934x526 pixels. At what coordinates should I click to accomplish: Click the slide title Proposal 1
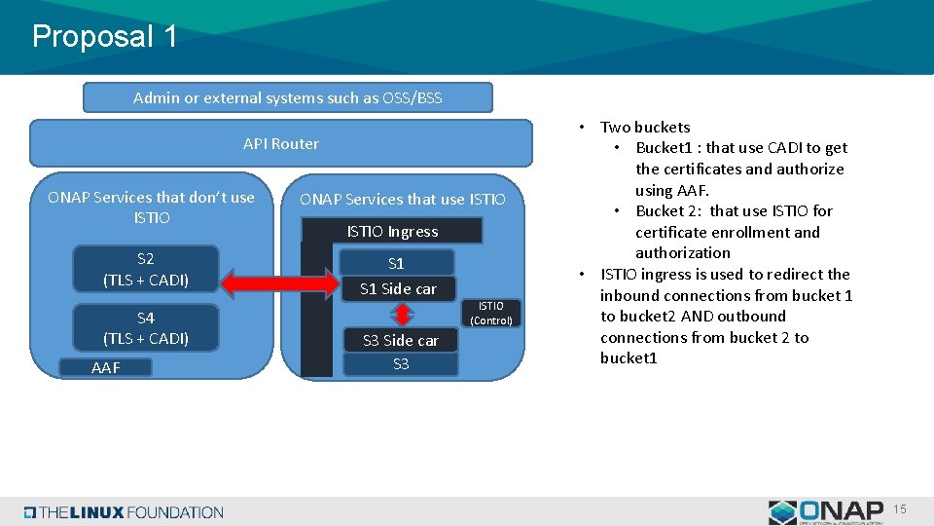pyautogui.click(x=105, y=37)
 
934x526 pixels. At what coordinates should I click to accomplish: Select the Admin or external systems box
pyautogui.click(x=287, y=97)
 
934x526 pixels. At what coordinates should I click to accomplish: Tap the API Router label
pyautogui.click(x=281, y=143)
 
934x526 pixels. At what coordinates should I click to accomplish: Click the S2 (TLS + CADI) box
pyautogui.click(x=146, y=270)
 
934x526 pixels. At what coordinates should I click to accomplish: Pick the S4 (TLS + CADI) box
pyautogui.click(x=146, y=328)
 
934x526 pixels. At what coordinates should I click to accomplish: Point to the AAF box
pyautogui.click(x=105, y=367)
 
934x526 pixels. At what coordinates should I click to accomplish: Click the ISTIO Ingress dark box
pyautogui.click(x=392, y=231)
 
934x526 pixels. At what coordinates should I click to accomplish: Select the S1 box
pyautogui.click(x=397, y=263)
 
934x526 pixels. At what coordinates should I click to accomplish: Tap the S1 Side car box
pyautogui.click(x=398, y=288)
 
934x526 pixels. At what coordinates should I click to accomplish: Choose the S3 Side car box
pyautogui.click(x=400, y=340)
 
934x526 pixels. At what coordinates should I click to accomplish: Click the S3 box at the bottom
pyautogui.click(x=400, y=364)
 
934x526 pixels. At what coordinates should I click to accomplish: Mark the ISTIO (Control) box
pyautogui.click(x=490, y=313)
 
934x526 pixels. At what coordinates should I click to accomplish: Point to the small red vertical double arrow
pyautogui.click(x=401, y=314)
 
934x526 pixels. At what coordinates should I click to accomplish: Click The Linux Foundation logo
pyautogui.click(x=124, y=512)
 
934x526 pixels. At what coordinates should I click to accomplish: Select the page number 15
pyautogui.click(x=900, y=510)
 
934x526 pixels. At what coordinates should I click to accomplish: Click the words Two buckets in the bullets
pyautogui.click(x=645, y=127)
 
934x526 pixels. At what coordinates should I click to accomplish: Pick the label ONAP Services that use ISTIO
pyautogui.click(x=403, y=199)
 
